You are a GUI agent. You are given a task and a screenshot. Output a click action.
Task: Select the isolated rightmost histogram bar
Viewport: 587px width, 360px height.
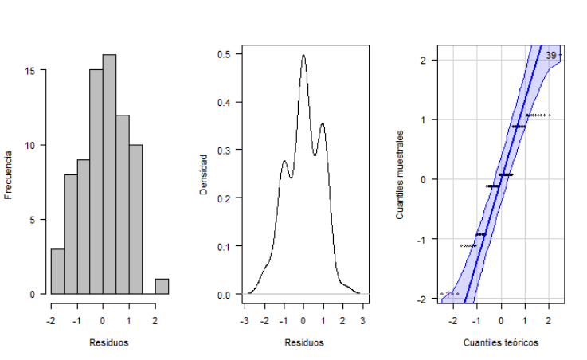162,287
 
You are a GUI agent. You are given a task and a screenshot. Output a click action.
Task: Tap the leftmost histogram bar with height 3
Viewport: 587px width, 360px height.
57,272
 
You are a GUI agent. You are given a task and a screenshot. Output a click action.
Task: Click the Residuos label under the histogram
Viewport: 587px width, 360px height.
109,343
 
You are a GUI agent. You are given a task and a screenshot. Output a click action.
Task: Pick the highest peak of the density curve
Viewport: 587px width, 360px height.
303,56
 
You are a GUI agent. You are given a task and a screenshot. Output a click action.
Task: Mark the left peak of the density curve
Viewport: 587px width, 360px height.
284,162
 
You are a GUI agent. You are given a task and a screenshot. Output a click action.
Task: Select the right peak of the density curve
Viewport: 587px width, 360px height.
322,124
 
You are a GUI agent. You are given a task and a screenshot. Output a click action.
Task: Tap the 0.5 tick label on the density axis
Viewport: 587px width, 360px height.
225,54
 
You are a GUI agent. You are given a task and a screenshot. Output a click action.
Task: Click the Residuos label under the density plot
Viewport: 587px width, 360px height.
303,343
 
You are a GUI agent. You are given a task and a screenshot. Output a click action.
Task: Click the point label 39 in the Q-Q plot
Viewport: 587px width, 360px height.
551,56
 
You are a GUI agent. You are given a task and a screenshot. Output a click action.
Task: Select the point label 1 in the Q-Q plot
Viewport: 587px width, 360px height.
448,295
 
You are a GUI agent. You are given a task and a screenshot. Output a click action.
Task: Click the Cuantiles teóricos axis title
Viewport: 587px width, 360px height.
501,343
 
